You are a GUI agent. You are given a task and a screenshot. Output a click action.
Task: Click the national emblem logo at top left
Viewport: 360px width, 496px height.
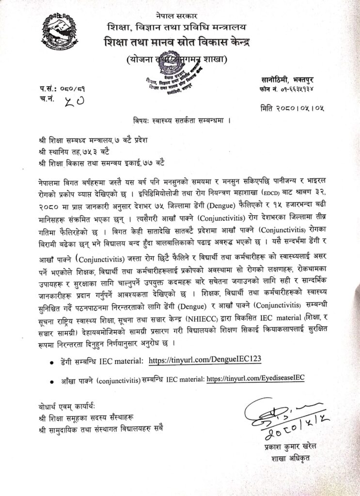coord(58,31)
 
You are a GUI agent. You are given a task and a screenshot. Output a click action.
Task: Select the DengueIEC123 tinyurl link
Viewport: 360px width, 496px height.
coord(205,360)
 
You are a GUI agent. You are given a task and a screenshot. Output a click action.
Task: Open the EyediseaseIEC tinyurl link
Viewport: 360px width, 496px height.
coord(255,379)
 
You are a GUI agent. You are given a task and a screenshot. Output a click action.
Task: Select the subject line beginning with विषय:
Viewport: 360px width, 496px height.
coord(180,120)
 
